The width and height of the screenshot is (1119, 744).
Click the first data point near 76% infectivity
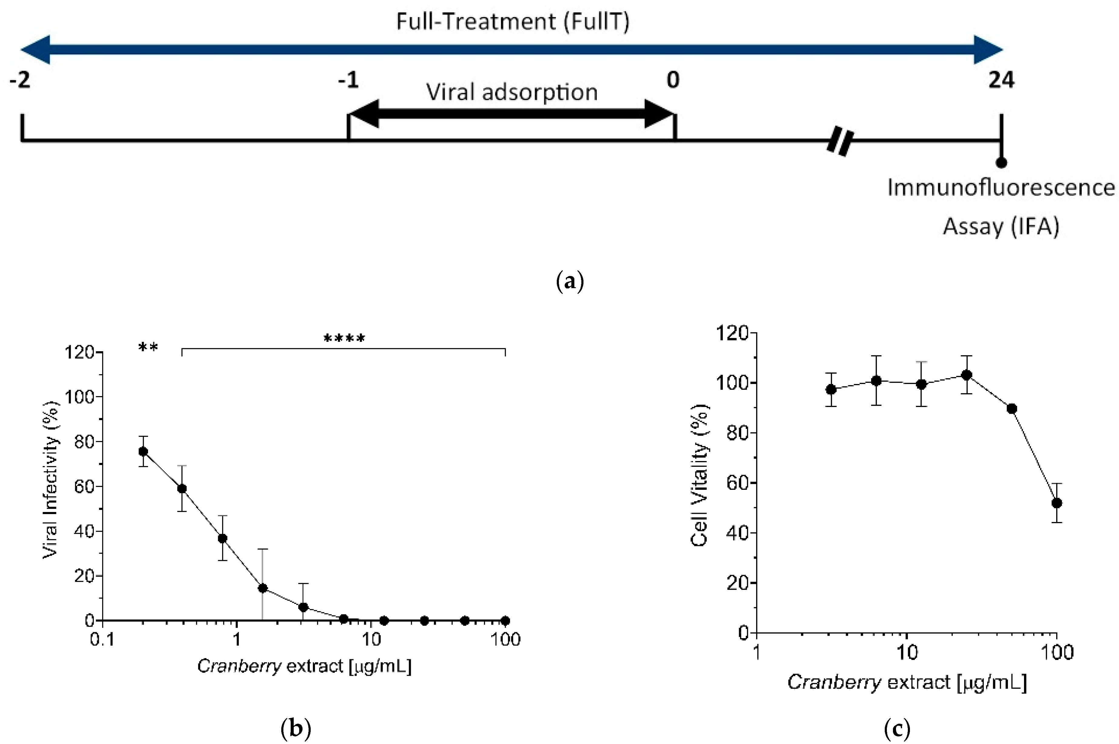point(143,451)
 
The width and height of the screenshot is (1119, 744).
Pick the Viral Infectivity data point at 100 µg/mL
point(505,621)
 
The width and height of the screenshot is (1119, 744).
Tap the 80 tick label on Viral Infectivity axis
point(84,442)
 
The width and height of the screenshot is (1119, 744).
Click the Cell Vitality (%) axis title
point(699,476)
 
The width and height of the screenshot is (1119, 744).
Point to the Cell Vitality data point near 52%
point(1057,503)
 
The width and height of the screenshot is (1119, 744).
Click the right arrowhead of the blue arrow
point(989,49)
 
